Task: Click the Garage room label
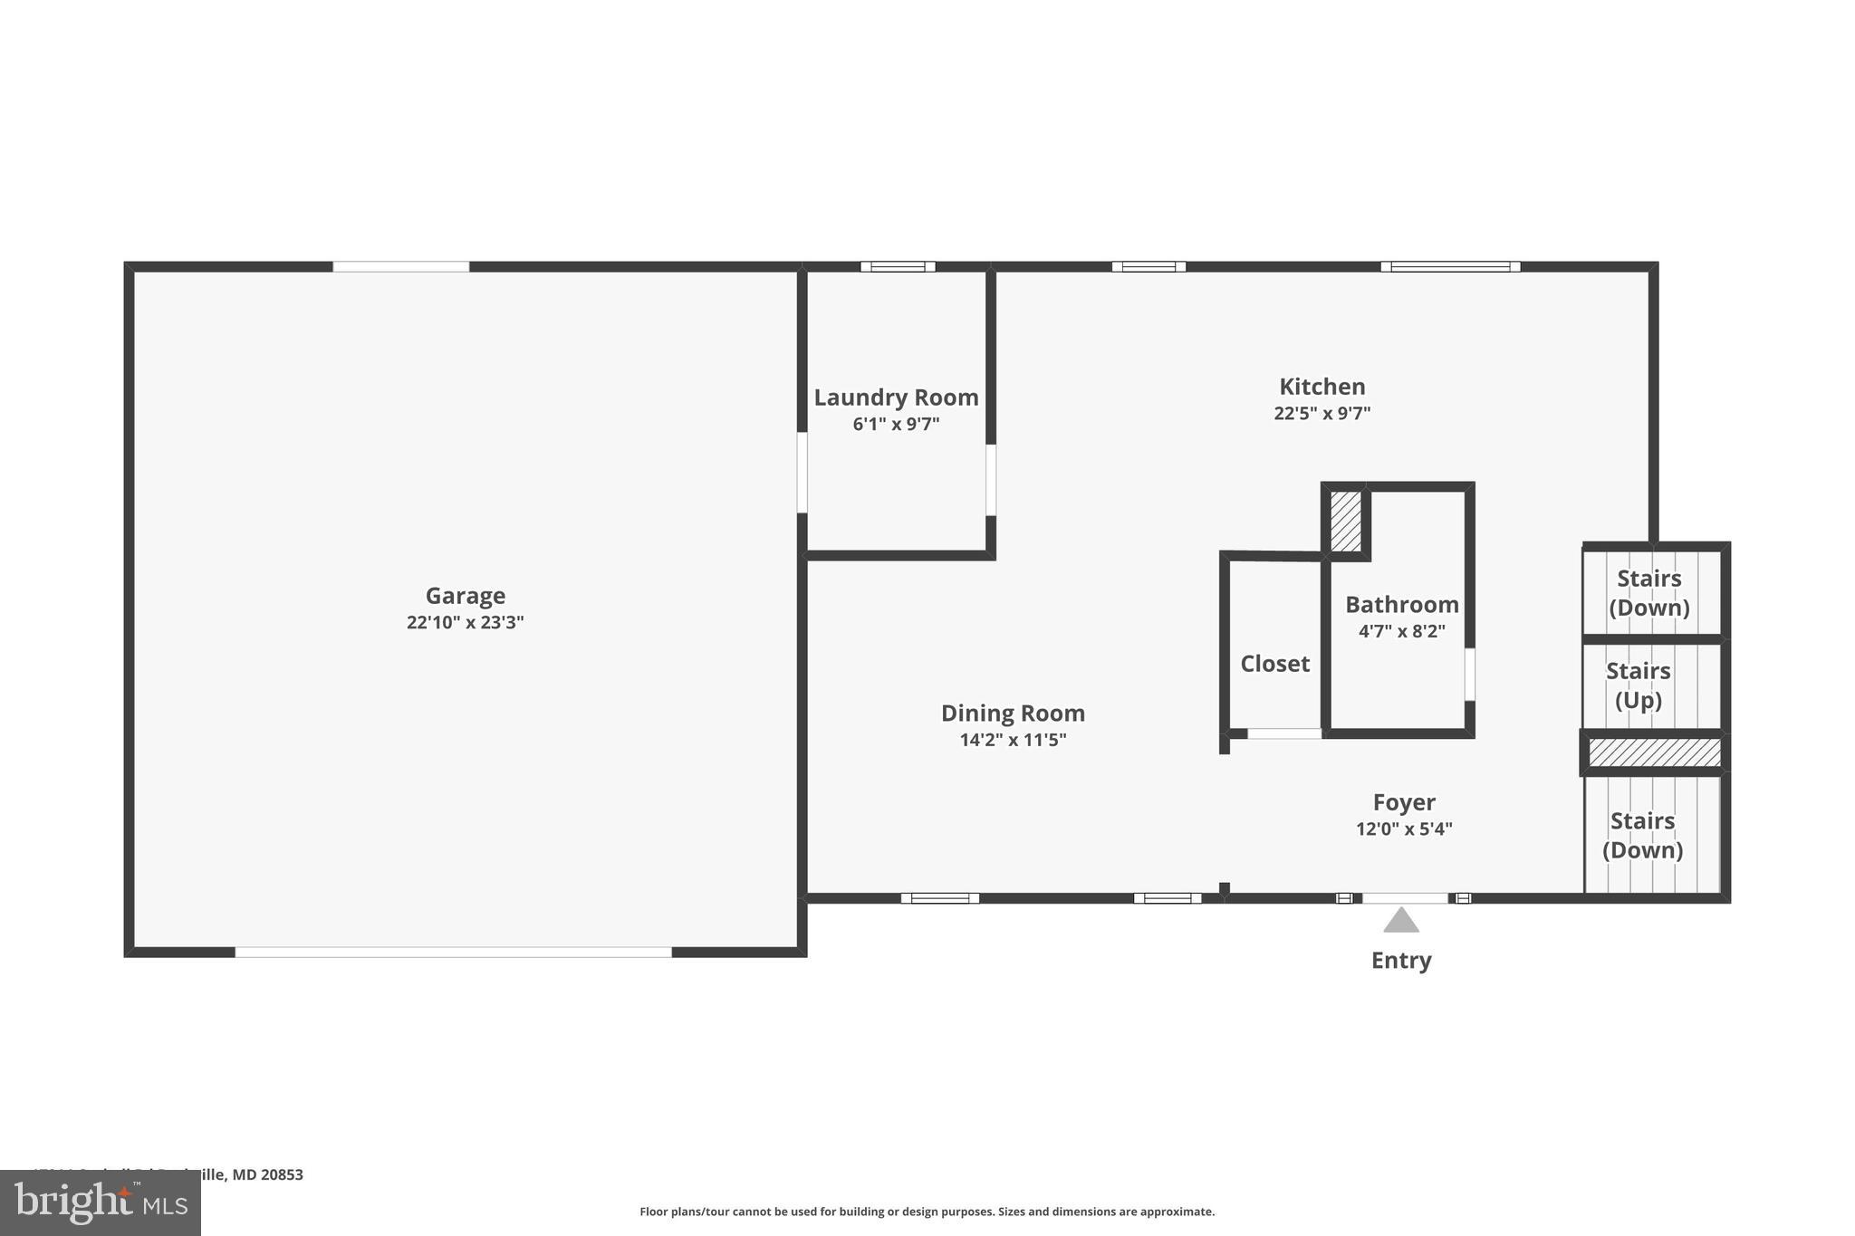click(x=465, y=596)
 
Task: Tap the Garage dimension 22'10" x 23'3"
click(x=465, y=623)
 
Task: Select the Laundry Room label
click(x=896, y=398)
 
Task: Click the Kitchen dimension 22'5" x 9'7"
click(x=1322, y=414)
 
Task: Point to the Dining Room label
click(x=1013, y=714)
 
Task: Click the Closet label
click(x=1274, y=664)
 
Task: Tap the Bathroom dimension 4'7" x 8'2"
click(x=1401, y=631)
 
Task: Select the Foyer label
click(x=1404, y=802)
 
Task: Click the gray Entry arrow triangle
click(x=1401, y=921)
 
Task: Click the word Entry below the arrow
click(x=1401, y=961)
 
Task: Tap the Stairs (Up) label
click(x=1638, y=685)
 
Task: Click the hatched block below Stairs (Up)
click(x=1654, y=752)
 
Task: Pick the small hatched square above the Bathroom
click(x=1345, y=521)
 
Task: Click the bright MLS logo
click(x=101, y=1203)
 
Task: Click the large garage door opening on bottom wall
click(x=453, y=952)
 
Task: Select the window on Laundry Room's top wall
click(x=898, y=266)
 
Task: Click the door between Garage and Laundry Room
click(x=803, y=473)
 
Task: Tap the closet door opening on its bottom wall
click(x=1283, y=733)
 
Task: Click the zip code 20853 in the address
click(x=282, y=1174)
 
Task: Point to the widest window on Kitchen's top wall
click(x=1450, y=266)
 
